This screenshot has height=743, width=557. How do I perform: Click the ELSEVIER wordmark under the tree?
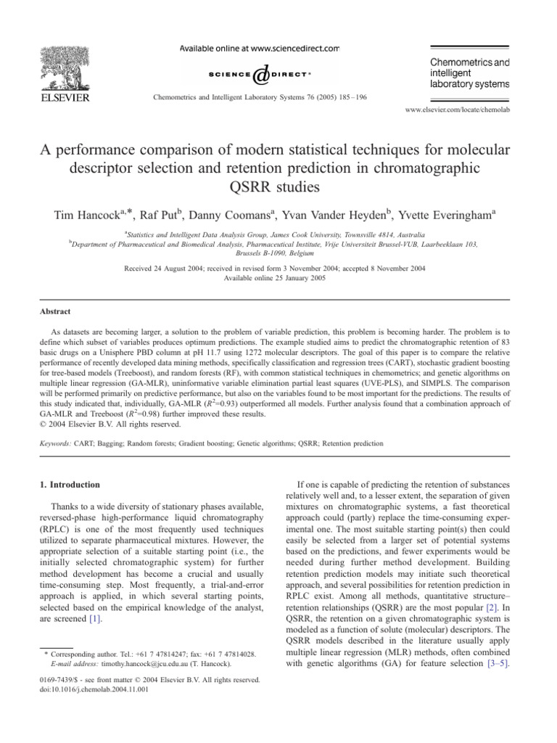pos(64,97)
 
